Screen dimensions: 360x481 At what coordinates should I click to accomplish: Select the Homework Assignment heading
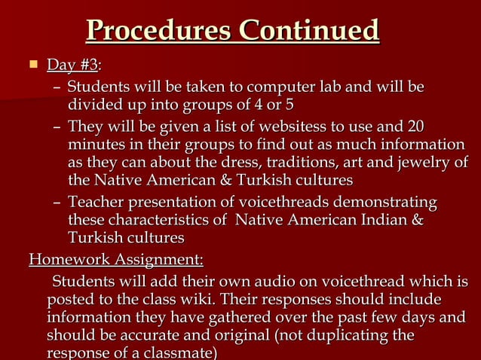coord(115,261)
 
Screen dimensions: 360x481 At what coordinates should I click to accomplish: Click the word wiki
coord(187,301)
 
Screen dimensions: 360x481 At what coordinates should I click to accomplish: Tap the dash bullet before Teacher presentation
coord(57,202)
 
